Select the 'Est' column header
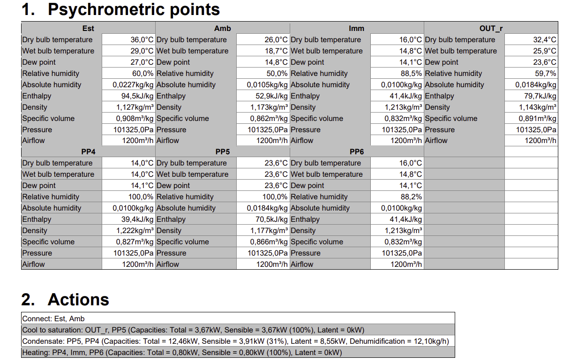tap(88, 29)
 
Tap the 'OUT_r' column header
tap(491, 29)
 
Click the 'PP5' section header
tap(222, 152)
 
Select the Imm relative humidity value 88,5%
tap(411, 74)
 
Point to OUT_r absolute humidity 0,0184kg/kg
tap(536, 85)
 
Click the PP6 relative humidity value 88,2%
tap(411, 197)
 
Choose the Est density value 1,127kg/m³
tap(135, 107)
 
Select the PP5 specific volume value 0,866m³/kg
tap(269, 242)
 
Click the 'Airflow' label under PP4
tap(34, 265)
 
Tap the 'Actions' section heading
tap(78, 300)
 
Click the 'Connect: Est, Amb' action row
tap(53, 318)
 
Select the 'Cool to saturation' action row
tap(193, 330)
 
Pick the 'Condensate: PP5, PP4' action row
tap(235, 341)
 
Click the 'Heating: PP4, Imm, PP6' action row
tap(182, 353)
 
